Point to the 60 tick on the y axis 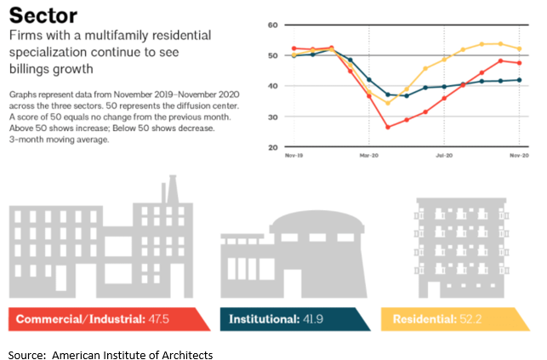click(274, 26)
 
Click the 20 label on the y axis click(274, 147)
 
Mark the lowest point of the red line click(388, 128)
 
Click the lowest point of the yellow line click(388, 103)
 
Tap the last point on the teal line click(520, 80)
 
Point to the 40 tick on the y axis click(274, 86)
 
